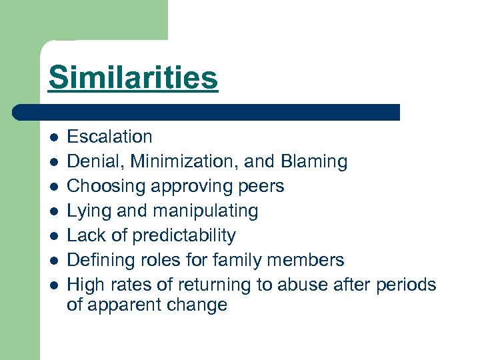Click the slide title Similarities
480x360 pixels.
click(x=133, y=77)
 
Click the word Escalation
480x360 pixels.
click(x=110, y=137)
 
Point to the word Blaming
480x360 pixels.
click(x=314, y=162)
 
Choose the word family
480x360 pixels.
click(x=232, y=260)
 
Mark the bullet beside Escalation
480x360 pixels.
click(x=54, y=137)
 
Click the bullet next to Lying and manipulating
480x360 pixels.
click(x=54, y=211)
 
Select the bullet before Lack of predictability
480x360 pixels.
click(x=54, y=236)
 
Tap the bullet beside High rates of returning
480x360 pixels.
click(x=54, y=285)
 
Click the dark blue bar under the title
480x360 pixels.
click(x=207, y=112)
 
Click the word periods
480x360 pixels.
click(x=407, y=285)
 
